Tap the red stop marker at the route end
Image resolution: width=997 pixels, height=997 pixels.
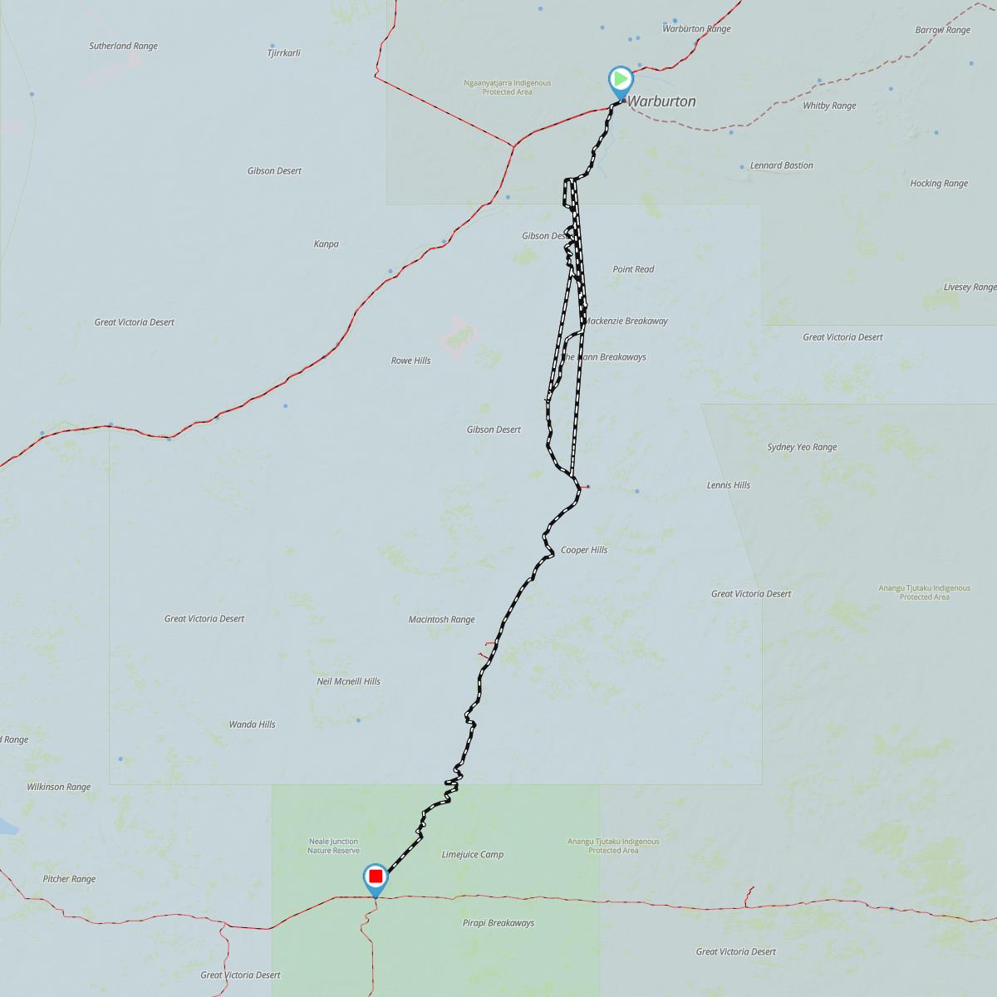[376, 877]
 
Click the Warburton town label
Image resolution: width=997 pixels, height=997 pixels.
[661, 101]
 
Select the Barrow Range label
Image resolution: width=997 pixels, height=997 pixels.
[942, 30]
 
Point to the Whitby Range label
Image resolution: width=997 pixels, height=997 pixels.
[829, 106]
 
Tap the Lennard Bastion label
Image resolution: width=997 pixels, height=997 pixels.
[781, 165]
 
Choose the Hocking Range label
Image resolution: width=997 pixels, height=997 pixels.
[938, 184]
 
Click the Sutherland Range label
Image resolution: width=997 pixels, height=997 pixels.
[123, 47]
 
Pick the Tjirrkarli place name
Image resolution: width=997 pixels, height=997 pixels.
[283, 53]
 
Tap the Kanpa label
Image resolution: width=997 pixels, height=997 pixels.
[326, 244]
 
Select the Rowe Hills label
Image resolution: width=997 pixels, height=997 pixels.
[410, 361]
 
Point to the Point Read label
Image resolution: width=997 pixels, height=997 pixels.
[633, 269]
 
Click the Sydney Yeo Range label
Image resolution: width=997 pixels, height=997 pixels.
[802, 447]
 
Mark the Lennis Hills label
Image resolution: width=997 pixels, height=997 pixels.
[728, 485]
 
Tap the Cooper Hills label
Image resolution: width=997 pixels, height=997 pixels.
[583, 550]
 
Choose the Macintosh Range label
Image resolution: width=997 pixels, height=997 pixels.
[441, 620]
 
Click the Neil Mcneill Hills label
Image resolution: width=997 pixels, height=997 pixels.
[348, 681]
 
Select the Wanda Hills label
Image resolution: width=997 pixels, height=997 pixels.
[252, 724]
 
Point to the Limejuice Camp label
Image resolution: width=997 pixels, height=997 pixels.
[472, 855]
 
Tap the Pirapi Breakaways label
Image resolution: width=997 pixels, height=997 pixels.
[498, 923]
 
